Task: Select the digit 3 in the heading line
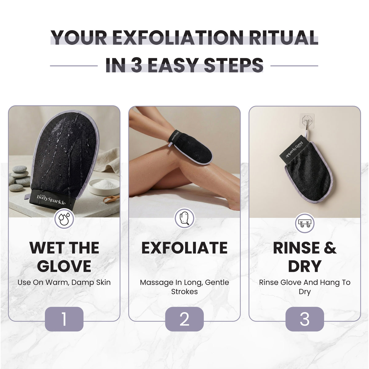(x=137, y=65)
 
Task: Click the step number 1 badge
(x=64, y=319)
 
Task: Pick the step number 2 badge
(x=184, y=319)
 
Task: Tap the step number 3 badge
(x=305, y=319)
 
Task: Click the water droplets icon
(x=64, y=219)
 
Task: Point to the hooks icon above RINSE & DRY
(x=305, y=223)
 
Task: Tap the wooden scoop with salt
(x=111, y=199)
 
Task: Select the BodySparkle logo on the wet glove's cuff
(x=51, y=200)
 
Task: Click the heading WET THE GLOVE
(x=64, y=257)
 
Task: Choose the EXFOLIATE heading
(x=184, y=248)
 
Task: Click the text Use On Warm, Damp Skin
(x=64, y=283)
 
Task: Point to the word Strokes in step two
(x=184, y=292)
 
